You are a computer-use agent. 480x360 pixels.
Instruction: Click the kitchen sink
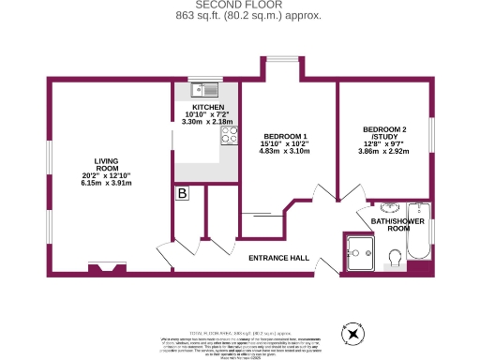[x=203, y=91]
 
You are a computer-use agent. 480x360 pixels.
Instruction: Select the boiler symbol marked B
[x=182, y=193]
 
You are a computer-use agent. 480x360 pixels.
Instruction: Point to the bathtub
[x=417, y=234]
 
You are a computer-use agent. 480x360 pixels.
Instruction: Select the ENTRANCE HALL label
[x=278, y=257]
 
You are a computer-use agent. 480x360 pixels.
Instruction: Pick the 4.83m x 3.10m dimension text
[x=283, y=151]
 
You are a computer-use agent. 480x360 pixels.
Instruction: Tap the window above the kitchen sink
[x=205, y=79]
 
